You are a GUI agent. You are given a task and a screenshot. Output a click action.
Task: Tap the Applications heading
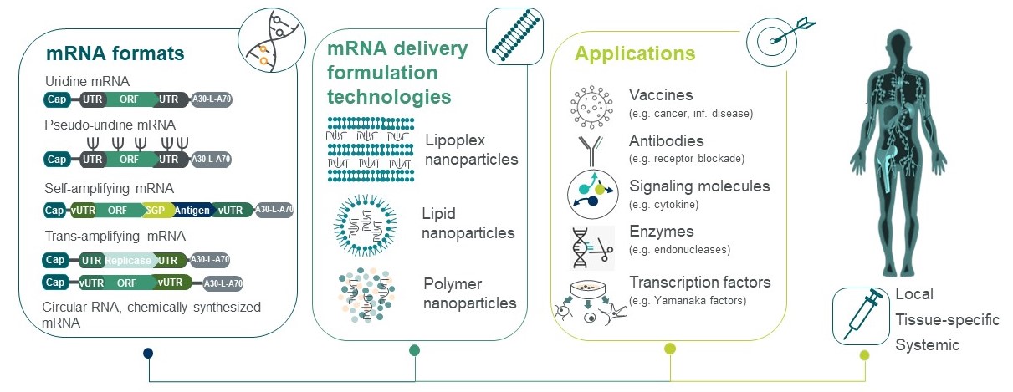pos(635,54)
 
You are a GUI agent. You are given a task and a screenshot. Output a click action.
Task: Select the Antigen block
pos(193,210)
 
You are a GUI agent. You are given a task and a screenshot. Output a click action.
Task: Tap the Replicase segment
pos(127,261)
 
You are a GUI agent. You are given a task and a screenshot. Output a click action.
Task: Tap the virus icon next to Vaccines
pos(589,101)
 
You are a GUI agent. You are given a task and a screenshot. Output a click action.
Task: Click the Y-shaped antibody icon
pos(590,147)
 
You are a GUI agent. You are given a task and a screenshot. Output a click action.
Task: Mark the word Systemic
pos(927,345)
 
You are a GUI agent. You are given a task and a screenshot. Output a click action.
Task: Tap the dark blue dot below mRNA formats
pos(148,353)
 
